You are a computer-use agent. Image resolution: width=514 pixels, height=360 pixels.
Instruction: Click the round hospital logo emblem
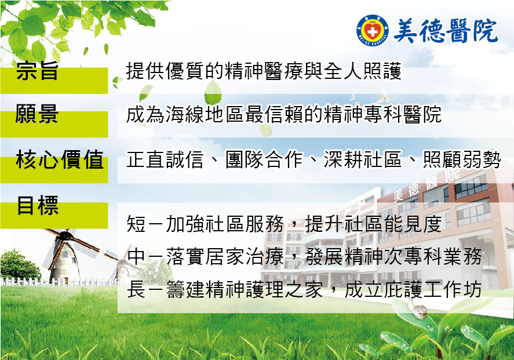373,31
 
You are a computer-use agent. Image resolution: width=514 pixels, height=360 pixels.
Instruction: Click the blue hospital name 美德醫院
446,31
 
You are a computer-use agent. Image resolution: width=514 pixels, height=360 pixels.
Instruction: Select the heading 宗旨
37,71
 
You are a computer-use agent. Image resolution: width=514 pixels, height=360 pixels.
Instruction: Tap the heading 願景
37,114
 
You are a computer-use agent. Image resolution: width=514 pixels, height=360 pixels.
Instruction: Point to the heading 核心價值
60,159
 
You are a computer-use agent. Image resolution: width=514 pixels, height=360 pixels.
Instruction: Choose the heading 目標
38,205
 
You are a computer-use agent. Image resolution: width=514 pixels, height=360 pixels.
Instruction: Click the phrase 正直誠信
165,159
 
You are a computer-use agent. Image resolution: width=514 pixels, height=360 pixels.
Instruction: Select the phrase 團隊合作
264,159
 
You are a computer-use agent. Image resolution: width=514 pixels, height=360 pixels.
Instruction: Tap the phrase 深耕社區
363,159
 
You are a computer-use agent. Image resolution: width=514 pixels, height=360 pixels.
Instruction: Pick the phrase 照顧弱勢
462,159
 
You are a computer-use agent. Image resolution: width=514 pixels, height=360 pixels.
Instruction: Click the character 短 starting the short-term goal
136,224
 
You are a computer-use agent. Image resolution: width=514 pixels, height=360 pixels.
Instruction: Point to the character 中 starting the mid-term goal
136,256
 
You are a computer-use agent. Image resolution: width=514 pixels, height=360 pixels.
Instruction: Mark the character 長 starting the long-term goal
136,289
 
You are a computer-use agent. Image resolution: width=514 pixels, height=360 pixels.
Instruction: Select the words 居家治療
245,256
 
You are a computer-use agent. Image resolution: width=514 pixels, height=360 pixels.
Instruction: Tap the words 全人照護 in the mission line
363,71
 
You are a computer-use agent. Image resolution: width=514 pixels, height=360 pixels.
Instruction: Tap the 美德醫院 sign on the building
426,185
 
